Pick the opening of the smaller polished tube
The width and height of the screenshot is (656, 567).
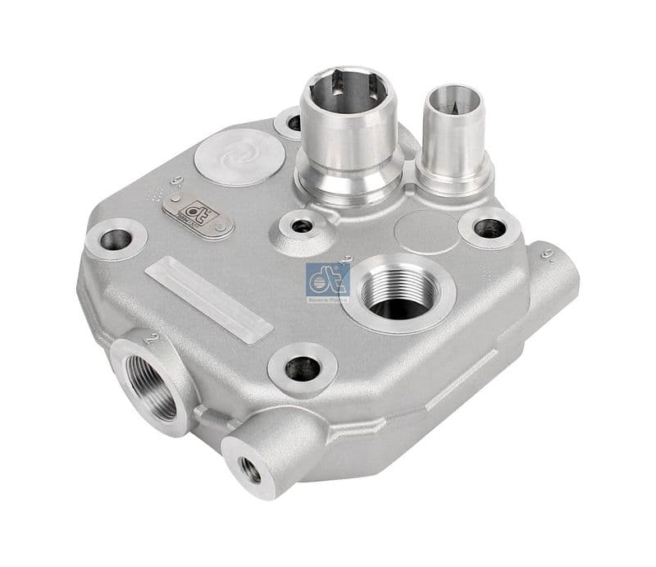[450, 102]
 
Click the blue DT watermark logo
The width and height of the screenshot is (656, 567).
[328, 282]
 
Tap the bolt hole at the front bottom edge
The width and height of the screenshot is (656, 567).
[302, 368]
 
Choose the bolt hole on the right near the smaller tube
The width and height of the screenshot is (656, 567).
[490, 227]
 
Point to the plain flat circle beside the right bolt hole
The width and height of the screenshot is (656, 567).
[424, 231]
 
